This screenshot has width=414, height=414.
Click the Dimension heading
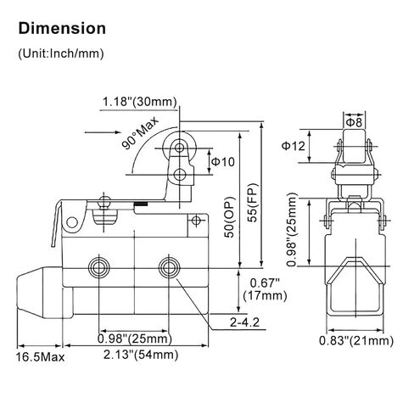62,29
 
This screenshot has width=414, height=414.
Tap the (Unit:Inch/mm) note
61,53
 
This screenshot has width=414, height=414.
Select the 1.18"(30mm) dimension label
139,102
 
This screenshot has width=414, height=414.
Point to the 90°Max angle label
141,133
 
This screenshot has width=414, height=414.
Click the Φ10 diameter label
223,162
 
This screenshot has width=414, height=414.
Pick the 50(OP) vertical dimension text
229,217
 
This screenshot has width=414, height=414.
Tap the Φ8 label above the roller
354,123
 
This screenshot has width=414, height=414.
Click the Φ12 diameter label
294,146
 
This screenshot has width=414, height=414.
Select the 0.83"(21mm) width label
356,341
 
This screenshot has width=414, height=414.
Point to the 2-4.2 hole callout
244,322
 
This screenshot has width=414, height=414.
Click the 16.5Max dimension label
40,357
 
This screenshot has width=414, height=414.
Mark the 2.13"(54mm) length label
141,355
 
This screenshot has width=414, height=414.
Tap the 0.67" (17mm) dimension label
265,289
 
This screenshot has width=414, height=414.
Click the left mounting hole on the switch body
99,267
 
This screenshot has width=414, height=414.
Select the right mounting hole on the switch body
169,267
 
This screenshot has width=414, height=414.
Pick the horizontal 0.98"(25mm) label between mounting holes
135,338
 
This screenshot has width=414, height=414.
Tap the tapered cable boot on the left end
40,293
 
